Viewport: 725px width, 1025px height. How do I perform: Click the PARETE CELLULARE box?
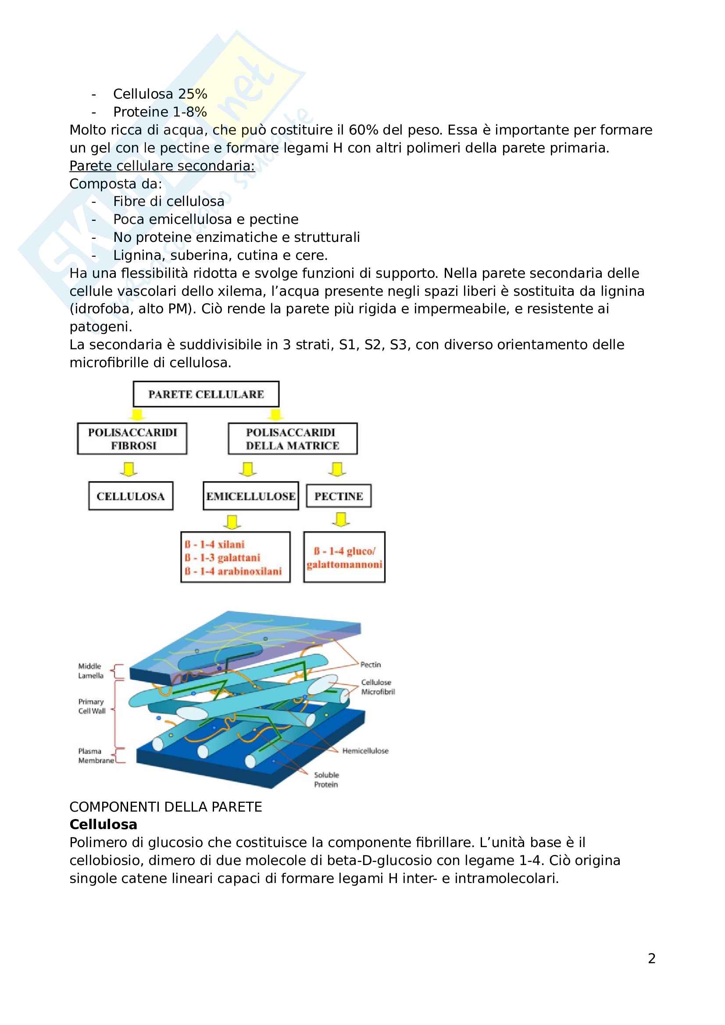[x=206, y=394]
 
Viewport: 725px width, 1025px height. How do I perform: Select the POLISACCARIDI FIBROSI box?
[x=132, y=439]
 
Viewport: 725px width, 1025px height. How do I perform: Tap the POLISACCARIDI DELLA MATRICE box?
[x=293, y=439]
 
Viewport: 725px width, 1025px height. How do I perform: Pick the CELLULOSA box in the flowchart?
[x=130, y=496]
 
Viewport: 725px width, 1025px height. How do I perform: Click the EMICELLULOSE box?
[x=250, y=496]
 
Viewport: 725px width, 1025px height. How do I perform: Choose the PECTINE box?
[x=339, y=496]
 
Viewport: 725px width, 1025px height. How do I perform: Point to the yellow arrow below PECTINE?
[x=341, y=519]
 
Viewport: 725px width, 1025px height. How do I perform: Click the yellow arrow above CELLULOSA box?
[x=129, y=469]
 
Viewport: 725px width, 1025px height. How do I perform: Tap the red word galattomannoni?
[x=344, y=565]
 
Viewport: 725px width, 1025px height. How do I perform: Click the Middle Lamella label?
[x=91, y=671]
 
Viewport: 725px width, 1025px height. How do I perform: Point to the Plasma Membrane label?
[x=96, y=756]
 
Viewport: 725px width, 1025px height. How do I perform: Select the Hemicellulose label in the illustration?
[x=365, y=751]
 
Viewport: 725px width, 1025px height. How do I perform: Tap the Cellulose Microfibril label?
[x=378, y=687]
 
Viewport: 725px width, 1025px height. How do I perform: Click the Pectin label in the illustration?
[x=370, y=665]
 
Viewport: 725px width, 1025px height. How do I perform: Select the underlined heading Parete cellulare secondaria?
[x=162, y=166]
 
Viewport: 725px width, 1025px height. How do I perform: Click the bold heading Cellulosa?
[x=103, y=825]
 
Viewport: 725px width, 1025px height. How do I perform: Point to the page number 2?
[x=652, y=958]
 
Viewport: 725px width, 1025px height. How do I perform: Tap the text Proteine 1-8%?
[x=160, y=112]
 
